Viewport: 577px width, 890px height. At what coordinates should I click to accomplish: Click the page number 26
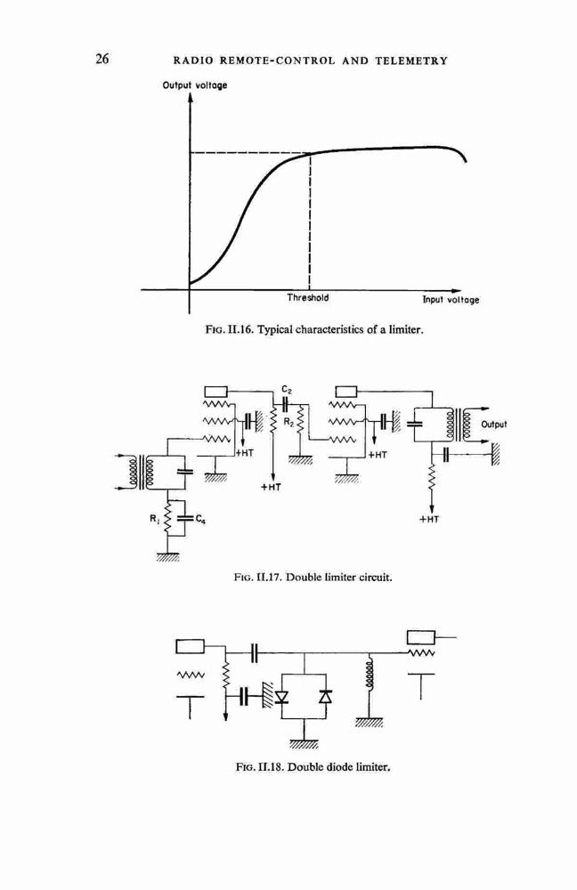[x=102, y=59]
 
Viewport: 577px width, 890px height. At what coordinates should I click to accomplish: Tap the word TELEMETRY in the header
[x=411, y=61]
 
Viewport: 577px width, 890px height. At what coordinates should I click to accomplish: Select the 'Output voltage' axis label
[x=195, y=85]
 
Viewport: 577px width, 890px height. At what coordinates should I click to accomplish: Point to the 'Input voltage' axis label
[x=451, y=300]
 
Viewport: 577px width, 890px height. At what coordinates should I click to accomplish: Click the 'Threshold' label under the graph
[x=307, y=297]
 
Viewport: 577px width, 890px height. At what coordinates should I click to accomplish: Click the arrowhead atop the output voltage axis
[x=191, y=97]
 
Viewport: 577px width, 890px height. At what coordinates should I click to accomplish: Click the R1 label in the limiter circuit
[x=154, y=517]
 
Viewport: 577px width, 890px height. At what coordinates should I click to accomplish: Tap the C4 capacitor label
[x=200, y=519]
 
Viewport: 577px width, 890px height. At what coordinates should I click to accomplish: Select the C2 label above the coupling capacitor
[x=287, y=390]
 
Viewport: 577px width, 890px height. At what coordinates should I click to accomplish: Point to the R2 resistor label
[x=288, y=422]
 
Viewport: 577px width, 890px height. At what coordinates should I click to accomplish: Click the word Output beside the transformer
[x=493, y=425]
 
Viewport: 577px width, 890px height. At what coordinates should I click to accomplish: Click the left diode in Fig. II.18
[x=281, y=696]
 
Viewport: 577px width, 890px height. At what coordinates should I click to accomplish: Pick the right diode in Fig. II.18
[x=325, y=696]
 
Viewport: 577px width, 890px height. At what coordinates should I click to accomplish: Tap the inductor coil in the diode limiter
[x=370, y=675]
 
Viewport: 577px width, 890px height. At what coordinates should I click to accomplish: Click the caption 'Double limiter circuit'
[x=338, y=578]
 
